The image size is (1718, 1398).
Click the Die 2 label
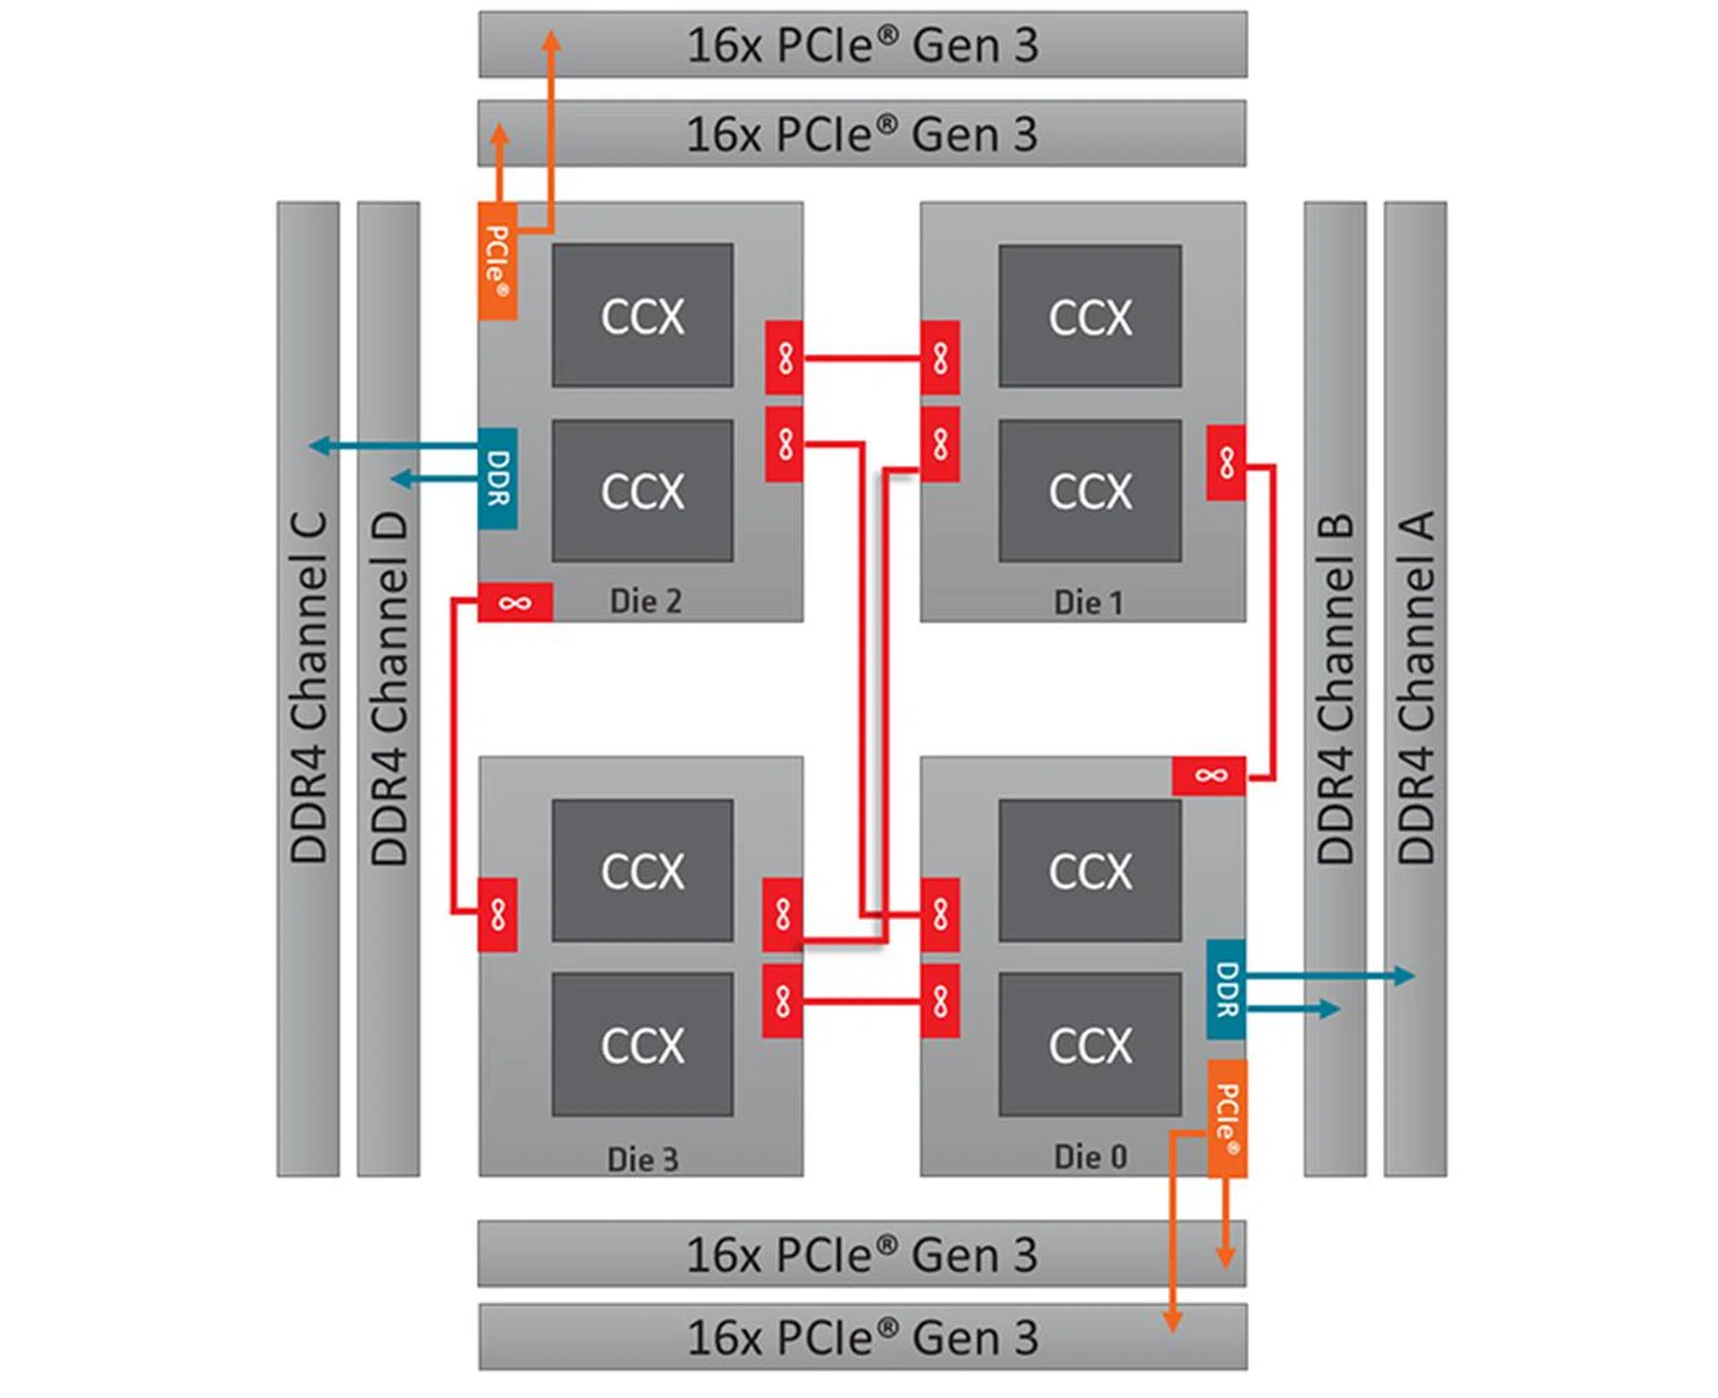(645, 601)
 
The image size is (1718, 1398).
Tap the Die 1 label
(1088, 602)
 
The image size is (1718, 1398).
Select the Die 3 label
(642, 1159)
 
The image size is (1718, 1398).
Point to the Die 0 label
(1090, 1156)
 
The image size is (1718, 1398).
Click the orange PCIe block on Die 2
(498, 260)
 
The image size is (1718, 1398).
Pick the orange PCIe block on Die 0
(1227, 1119)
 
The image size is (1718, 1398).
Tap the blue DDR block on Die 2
(498, 478)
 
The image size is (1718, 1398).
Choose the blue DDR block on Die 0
(1226, 989)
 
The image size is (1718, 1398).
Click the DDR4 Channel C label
(309, 687)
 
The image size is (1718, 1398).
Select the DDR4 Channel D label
(389, 687)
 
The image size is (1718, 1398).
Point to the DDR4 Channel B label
(1335, 687)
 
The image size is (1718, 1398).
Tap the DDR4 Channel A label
(1416, 687)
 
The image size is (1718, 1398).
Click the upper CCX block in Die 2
(642, 316)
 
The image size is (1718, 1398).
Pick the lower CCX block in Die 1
(1090, 490)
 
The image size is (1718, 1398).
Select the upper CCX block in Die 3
(642, 871)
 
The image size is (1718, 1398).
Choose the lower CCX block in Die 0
(1090, 1044)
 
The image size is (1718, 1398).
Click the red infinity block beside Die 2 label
(515, 602)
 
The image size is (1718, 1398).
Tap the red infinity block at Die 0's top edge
(1209, 775)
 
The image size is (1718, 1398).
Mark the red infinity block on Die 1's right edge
(1226, 463)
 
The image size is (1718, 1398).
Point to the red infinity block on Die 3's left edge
(498, 914)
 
